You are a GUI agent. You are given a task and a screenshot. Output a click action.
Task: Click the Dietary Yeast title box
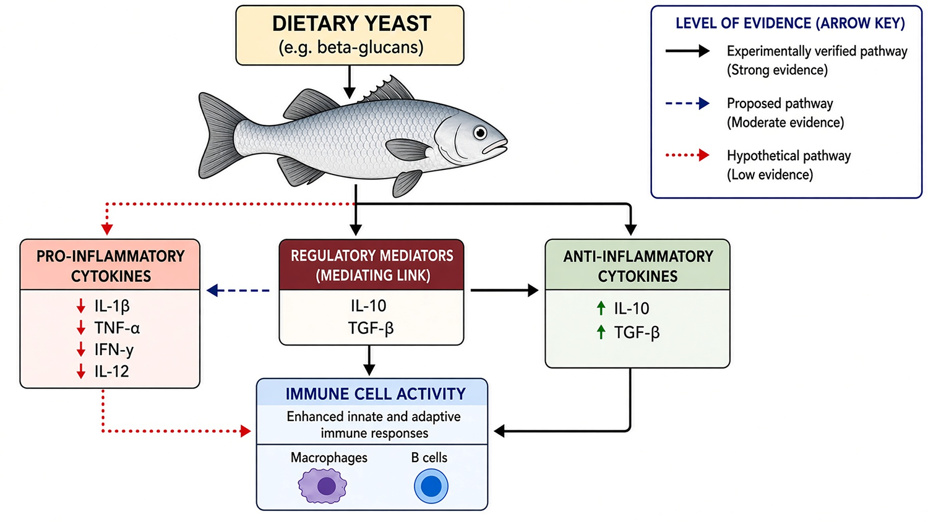(350, 35)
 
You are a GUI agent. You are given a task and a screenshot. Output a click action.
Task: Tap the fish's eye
(480, 133)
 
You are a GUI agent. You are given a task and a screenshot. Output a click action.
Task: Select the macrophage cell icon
(322, 486)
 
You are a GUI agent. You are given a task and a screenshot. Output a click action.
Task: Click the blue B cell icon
(431, 486)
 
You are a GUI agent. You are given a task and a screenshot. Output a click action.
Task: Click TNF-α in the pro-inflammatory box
(117, 328)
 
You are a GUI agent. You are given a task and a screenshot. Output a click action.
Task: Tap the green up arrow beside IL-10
(601, 308)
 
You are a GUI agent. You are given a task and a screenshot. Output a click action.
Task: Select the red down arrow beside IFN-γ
(81, 349)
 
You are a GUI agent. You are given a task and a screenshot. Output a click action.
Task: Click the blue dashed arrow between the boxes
(238, 291)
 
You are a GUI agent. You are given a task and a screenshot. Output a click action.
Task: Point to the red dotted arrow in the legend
(687, 155)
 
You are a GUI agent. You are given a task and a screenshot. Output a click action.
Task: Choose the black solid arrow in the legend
(687, 51)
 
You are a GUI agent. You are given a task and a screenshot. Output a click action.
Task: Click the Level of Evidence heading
(790, 24)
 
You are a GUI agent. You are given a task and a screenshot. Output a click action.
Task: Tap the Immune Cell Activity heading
(376, 393)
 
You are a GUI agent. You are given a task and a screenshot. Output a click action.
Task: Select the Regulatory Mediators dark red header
(372, 265)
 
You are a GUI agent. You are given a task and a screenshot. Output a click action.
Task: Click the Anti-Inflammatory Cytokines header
(638, 265)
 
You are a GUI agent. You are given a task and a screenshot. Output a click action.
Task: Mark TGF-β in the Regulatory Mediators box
(371, 328)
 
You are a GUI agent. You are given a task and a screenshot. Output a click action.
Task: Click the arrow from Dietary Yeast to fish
(350, 82)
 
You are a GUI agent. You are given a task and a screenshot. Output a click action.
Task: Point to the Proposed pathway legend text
(786, 113)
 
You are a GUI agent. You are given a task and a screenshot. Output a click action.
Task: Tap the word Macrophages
(329, 458)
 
